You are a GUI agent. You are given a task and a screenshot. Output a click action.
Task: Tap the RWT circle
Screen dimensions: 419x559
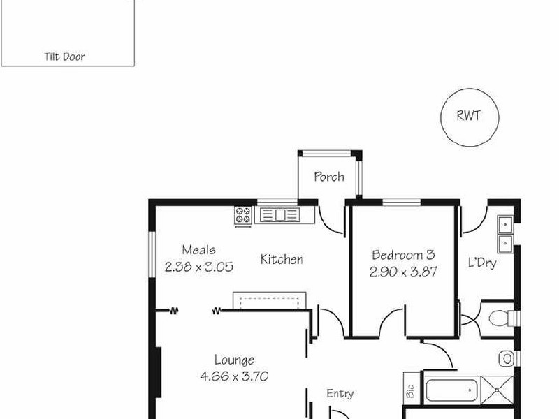(468, 116)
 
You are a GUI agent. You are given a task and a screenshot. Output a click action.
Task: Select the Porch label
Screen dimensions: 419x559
(328, 177)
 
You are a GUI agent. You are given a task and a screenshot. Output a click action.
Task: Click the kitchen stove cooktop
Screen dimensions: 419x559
(243, 214)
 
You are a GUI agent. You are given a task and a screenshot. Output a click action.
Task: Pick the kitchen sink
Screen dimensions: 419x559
(279, 214)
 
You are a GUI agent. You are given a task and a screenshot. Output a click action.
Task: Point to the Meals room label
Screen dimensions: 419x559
(198, 249)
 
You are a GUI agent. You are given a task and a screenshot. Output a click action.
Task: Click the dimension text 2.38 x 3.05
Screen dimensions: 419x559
(198, 266)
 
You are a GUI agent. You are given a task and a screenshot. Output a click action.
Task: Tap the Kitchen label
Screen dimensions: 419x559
(282, 260)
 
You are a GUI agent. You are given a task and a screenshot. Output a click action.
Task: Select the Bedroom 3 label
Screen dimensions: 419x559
(403, 255)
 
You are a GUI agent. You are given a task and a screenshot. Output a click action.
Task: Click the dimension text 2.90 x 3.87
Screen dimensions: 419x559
(403, 272)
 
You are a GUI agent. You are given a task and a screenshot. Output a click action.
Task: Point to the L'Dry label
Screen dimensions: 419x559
(482, 263)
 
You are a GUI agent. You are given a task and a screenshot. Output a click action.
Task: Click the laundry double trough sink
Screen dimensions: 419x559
(505, 234)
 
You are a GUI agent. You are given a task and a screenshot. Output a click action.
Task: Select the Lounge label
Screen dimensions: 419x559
(234, 360)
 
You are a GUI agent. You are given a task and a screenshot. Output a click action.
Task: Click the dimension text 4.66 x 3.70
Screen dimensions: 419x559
(234, 376)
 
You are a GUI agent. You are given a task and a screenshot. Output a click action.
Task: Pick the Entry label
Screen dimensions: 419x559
(340, 394)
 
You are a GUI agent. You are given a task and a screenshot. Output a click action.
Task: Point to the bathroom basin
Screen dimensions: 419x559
(507, 359)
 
